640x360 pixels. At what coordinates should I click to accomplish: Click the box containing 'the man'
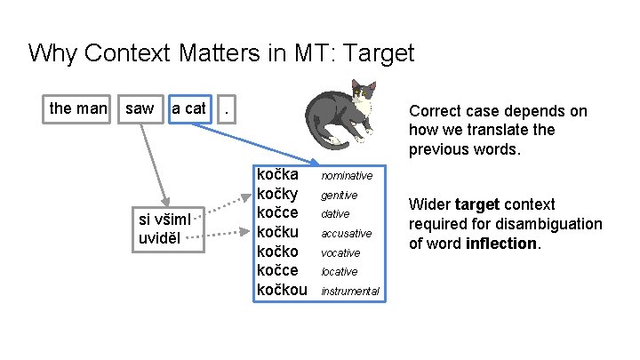click(x=78, y=108)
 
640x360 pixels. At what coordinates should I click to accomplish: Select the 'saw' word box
click(x=140, y=108)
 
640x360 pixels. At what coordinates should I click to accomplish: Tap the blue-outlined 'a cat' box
click(x=188, y=108)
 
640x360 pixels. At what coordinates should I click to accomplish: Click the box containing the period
click(x=230, y=108)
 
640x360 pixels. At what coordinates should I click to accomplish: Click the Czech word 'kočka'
click(x=277, y=174)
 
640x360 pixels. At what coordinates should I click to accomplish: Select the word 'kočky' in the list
click(x=277, y=193)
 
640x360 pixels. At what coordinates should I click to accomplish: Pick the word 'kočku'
click(x=277, y=231)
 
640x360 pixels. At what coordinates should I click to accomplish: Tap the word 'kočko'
click(x=277, y=251)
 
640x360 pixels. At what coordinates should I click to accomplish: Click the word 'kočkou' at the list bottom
click(x=282, y=290)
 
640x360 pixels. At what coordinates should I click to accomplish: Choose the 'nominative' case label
click(x=347, y=176)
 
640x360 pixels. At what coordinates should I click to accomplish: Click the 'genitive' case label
click(x=340, y=195)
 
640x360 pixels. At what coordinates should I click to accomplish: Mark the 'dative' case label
click(x=336, y=214)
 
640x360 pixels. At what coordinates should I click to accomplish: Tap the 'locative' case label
click(x=340, y=272)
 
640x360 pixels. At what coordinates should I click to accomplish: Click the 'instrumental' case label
click(x=350, y=292)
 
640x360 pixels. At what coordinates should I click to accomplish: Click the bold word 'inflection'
click(x=501, y=243)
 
